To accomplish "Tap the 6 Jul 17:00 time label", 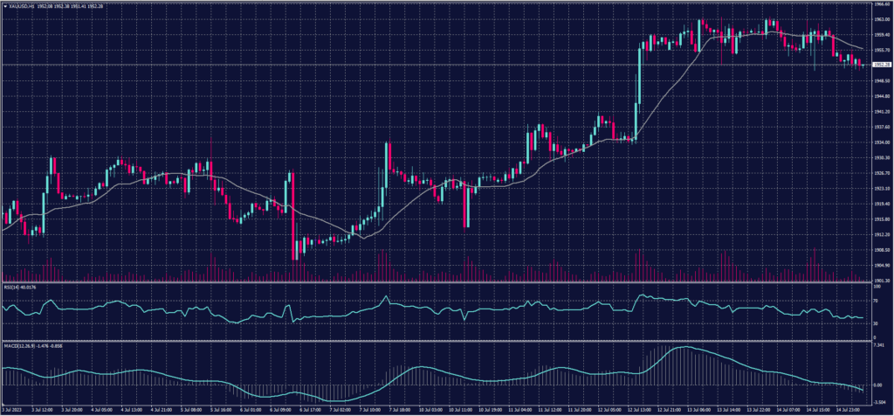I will click(303, 409).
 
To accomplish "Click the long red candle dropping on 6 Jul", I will click(294, 214).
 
